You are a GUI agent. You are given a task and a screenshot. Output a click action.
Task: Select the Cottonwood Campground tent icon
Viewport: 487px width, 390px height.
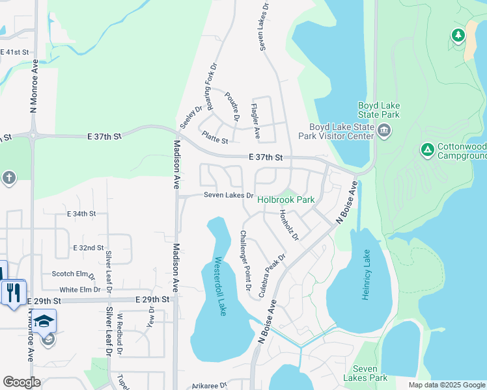(x=427, y=151)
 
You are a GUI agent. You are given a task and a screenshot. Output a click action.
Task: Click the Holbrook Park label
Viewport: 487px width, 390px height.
(x=286, y=200)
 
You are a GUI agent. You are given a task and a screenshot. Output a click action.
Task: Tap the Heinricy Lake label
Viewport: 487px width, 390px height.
(x=367, y=274)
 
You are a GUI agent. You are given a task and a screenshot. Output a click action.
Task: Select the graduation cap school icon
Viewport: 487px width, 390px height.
(x=44, y=321)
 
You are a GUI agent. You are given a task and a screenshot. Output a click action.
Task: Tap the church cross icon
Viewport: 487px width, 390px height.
(x=8, y=177)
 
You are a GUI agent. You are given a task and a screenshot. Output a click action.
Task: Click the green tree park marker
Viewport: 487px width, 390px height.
(x=458, y=36)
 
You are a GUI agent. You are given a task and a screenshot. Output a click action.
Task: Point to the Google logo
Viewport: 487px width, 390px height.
(x=22, y=382)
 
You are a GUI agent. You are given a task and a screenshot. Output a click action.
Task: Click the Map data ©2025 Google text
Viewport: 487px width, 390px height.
(x=446, y=385)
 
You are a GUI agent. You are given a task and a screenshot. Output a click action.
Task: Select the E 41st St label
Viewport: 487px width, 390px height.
(x=15, y=52)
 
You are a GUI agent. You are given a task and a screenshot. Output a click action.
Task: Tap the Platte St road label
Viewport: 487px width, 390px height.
(x=215, y=138)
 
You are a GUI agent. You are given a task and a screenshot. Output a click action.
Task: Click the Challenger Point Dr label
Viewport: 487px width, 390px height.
(x=245, y=260)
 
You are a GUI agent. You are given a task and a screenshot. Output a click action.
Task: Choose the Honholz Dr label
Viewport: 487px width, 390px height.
(x=288, y=224)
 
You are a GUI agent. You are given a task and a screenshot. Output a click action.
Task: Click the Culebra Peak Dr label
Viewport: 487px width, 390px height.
(x=272, y=276)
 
